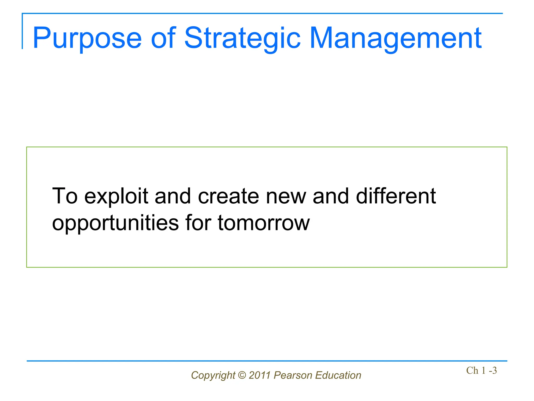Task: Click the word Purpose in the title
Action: click(87, 39)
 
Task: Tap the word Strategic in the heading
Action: click(242, 39)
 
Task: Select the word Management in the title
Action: click(395, 39)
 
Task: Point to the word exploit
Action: click(116, 196)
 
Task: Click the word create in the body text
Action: click(228, 196)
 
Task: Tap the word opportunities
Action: click(116, 223)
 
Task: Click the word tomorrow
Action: click(264, 223)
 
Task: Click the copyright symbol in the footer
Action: click(242, 375)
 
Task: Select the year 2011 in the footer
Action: click(260, 375)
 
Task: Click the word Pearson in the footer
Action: click(293, 375)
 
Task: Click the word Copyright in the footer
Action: click(213, 375)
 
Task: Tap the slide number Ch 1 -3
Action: click(481, 370)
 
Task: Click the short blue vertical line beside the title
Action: click(22, 31)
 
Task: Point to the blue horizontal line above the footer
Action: click(267, 361)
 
